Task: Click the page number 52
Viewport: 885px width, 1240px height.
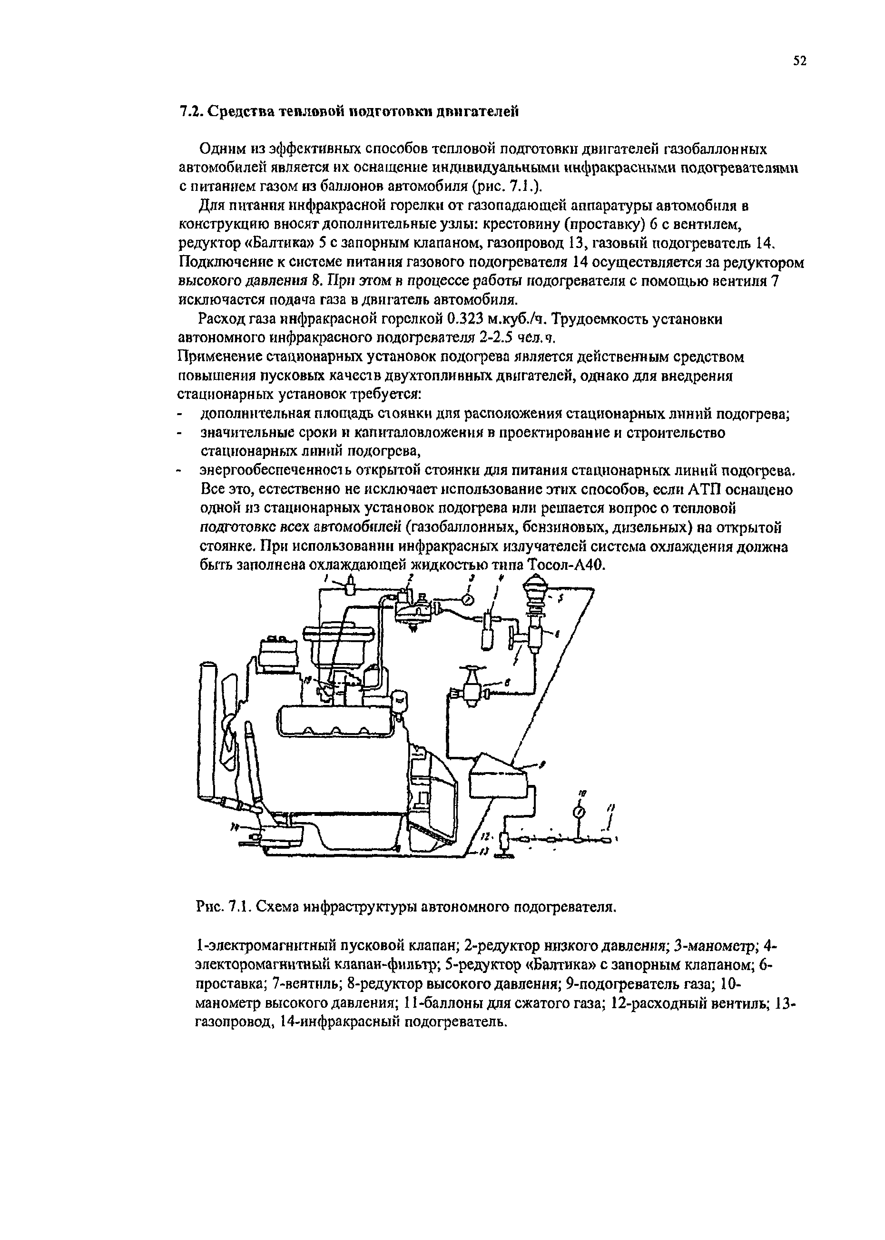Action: (x=798, y=60)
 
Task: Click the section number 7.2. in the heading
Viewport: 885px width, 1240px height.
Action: (x=191, y=112)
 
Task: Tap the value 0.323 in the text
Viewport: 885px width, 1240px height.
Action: (x=465, y=318)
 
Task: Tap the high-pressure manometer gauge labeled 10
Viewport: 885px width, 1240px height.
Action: (x=579, y=813)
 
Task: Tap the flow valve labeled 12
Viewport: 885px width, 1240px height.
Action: (x=504, y=841)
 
